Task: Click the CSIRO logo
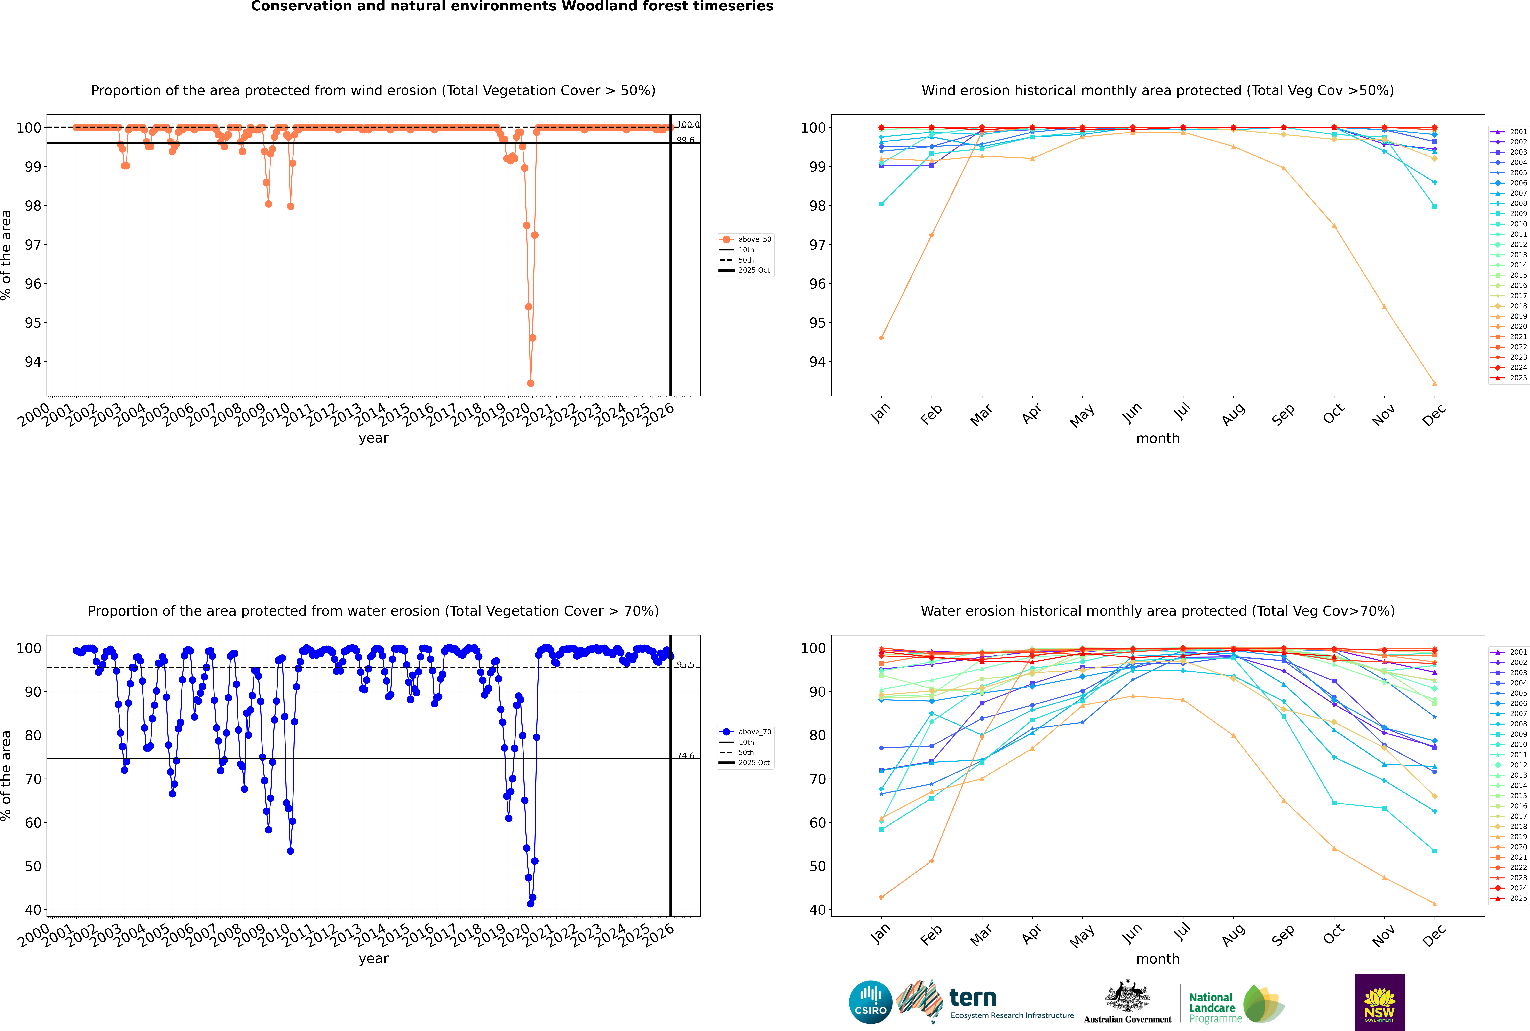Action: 870,1002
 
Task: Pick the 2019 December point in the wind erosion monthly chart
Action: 1435,383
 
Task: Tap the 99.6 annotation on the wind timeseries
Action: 685,140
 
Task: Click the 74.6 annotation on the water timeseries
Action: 685,756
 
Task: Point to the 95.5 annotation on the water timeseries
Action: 685,665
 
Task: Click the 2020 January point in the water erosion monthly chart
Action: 881,897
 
